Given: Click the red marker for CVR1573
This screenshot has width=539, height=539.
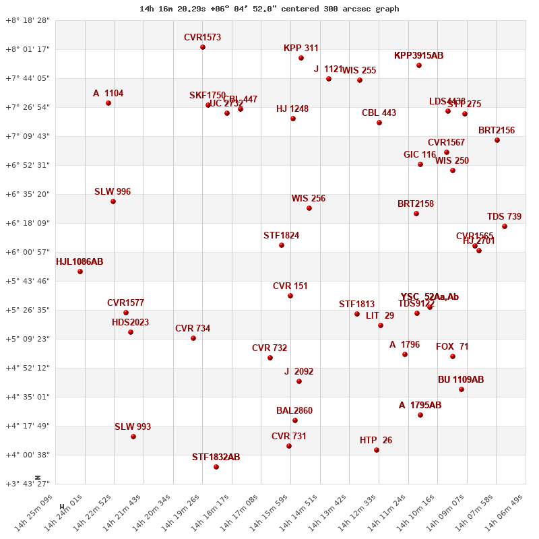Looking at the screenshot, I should [203, 47].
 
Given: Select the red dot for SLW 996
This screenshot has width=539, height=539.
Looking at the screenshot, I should [113, 201].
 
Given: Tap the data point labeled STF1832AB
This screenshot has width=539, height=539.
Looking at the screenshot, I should [216, 467].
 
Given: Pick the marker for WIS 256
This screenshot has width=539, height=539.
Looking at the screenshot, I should [309, 208].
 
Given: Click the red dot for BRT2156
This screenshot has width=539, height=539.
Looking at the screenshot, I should [497, 140].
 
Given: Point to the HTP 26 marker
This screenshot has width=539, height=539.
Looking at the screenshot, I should [377, 450].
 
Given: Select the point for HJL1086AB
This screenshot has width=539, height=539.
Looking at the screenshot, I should [80, 272].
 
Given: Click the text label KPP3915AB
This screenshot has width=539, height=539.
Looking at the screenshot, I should [418, 56].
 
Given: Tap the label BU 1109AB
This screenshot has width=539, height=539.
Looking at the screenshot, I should [461, 380].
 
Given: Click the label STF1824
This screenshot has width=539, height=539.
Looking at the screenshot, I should [281, 236].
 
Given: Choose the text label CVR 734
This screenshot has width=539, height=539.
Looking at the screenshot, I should [193, 329].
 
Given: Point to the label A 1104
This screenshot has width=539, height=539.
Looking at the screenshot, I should [108, 94].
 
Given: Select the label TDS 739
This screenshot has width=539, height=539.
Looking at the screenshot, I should [504, 217].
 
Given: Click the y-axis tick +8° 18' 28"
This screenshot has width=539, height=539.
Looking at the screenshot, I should [28, 21].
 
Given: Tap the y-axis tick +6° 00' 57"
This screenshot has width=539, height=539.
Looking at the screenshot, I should [28, 252].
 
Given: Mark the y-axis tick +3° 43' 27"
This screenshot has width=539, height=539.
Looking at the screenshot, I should [28, 484].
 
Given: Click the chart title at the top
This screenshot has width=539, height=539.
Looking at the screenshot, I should [269, 9].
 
